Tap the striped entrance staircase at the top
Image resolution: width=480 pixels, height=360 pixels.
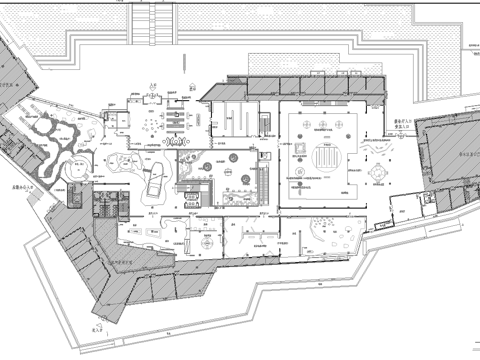tap(152, 22)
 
